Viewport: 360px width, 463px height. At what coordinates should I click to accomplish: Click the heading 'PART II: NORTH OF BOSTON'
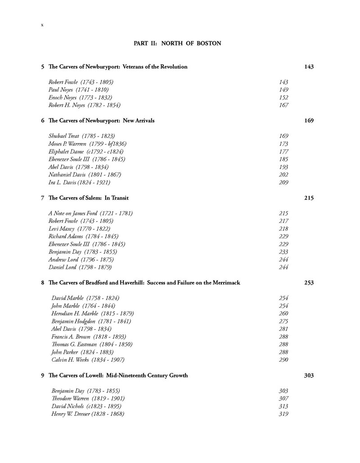pos(177,44)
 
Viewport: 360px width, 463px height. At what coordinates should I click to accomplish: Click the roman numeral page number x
pos(42,25)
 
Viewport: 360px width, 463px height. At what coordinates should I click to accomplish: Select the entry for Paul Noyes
pos(78,90)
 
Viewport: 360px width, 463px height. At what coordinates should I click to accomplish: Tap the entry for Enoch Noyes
pos(80,97)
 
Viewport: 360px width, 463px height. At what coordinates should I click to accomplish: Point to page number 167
pos(283,105)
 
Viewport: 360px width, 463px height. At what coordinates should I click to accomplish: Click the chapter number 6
pos(42,121)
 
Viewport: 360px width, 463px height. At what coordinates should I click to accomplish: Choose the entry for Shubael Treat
pos(81,136)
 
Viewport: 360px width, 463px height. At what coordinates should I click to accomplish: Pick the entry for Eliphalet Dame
pos(86,151)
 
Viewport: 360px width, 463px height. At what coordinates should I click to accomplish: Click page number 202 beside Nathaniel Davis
pos(283,175)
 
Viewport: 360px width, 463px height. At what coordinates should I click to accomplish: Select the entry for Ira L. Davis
pos(79,182)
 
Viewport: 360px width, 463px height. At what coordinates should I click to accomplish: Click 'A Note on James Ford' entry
pos(90,213)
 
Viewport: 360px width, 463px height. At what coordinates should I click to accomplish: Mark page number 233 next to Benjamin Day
pos(283,252)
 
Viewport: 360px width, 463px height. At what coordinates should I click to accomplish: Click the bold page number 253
pos(309,283)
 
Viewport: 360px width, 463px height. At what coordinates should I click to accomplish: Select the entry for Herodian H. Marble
pos(93,313)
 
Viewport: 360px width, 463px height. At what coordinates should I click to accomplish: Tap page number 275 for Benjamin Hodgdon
pos(283,321)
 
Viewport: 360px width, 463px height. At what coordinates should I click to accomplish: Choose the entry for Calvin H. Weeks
pos(88,360)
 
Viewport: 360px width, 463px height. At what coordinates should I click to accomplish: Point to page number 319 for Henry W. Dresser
pos(283,414)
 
